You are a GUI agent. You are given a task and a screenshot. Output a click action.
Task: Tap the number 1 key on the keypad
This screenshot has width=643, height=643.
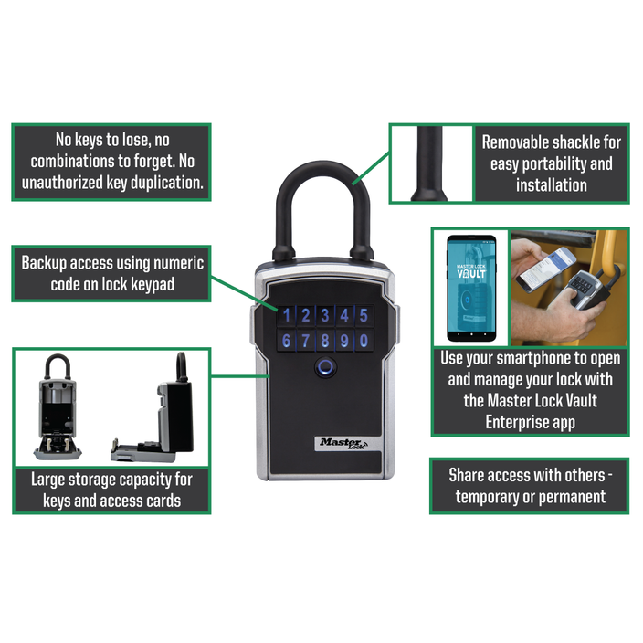pos(288,317)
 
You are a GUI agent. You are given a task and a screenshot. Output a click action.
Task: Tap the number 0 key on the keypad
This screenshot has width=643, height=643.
pos(364,342)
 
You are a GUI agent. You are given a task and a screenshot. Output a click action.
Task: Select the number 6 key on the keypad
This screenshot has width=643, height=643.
pos(288,342)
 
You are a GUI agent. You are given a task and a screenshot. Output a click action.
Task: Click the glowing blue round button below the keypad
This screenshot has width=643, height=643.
pos(325,370)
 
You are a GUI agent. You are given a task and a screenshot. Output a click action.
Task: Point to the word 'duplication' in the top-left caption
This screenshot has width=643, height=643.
pos(154,183)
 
